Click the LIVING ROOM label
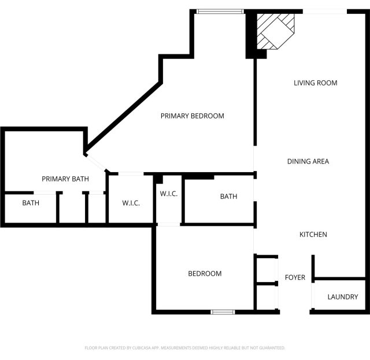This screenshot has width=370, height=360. (x=315, y=83)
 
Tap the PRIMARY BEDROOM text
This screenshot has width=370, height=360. (x=193, y=116)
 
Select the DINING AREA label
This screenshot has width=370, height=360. (x=308, y=161)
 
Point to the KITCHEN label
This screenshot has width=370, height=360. (x=313, y=235)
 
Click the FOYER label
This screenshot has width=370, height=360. (x=295, y=277)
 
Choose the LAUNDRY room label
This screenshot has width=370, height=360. (x=343, y=297)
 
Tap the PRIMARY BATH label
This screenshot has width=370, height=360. (x=65, y=179)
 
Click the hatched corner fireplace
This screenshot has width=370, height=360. (x=276, y=31)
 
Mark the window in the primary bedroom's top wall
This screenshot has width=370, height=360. (x=220, y=12)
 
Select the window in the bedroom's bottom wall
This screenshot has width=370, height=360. (x=223, y=312)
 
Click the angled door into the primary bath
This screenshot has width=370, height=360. (x=96, y=162)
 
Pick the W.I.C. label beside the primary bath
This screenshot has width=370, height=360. (x=131, y=203)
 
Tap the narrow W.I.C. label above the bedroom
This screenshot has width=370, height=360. (x=168, y=194)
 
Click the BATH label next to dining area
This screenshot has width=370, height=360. (x=228, y=196)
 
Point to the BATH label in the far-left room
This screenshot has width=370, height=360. (x=31, y=203)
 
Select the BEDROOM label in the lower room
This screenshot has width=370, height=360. (x=205, y=274)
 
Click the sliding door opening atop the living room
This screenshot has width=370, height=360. (x=325, y=12)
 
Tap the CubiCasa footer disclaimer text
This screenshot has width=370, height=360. (x=185, y=348)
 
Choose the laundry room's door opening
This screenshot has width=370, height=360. (x=313, y=295)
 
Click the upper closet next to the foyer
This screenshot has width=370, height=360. (x=267, y=270)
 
